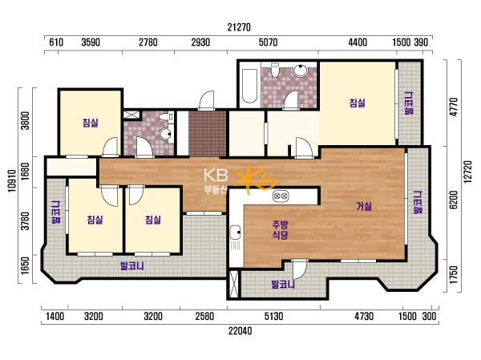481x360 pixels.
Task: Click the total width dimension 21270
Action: click(239, 27)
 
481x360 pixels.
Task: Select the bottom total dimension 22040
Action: click(240, 331)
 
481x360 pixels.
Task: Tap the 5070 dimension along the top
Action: click(268, 42)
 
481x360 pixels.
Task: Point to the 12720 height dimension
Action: click(467, 172)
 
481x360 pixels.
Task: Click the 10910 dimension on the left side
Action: click(12, 180)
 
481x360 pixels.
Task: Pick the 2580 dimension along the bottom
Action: click(204, 316)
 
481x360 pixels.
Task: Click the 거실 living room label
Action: click(364, 206)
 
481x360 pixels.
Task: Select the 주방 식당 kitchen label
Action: click(280, 230)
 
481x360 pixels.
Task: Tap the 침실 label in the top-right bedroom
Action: click(358, 103)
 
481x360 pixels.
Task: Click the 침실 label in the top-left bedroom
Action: click(91, 123)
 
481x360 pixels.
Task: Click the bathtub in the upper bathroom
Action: click(249, 86)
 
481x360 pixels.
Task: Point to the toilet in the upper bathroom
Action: click(275, 70)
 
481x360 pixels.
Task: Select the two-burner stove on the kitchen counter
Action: click(281, 195)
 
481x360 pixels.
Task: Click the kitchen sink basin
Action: click(235, 232)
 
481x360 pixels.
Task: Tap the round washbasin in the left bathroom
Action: click(166, 134)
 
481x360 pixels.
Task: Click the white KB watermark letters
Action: click(216, 175)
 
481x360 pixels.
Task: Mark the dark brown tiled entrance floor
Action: click(208, 134)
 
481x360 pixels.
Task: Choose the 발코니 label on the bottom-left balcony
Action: click(132, 265)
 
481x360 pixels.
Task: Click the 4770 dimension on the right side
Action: click(454, 107)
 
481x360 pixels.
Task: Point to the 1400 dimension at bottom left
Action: click(55, 316)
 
